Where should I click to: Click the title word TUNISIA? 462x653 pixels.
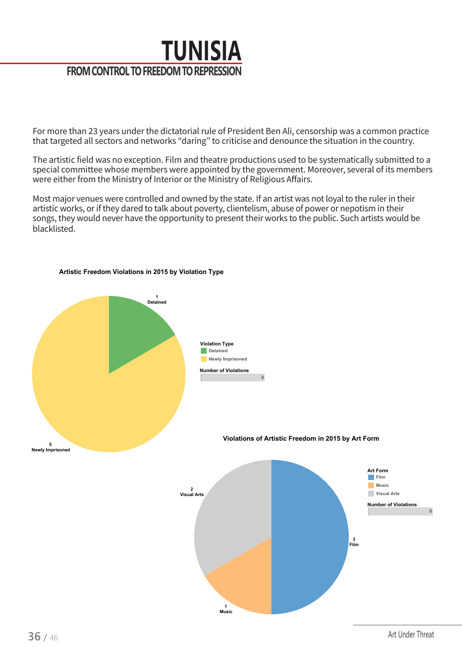tap(201, 51)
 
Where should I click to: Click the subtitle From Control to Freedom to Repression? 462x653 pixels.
tap(154, 71)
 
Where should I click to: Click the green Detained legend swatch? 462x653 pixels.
tap(204, 351)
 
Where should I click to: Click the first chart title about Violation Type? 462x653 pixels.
tap(141, 272)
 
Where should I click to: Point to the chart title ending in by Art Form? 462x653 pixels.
tap(301, 439)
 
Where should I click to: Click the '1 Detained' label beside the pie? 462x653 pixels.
tap(157, 300)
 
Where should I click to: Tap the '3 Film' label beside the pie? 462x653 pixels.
tap(354, 542)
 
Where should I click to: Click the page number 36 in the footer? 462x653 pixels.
tap(34, 636)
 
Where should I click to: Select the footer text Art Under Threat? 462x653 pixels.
tap(411, 635)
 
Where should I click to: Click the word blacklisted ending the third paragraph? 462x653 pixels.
tap(53, 229)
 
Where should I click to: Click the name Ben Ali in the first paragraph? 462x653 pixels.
tap(279, 131)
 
